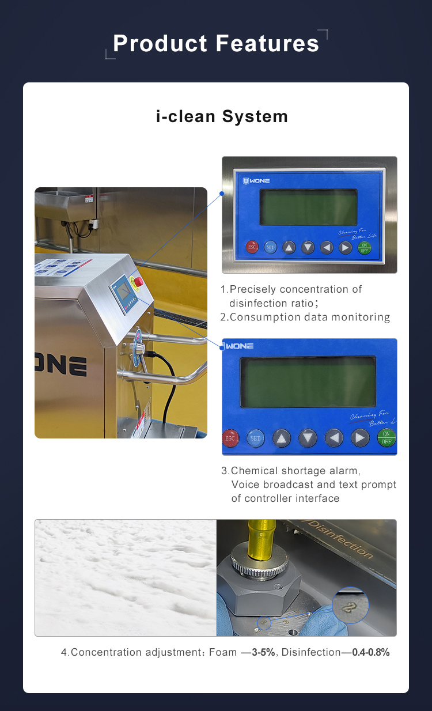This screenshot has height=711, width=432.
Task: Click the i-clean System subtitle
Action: coord(222,116)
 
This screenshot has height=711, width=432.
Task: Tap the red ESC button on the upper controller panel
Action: coord(252,247)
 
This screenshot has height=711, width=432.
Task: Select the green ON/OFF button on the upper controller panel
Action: coord(364,247)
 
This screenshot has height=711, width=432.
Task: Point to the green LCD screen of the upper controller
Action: coord(309,207)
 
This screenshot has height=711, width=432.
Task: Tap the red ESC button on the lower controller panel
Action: coord(230,438)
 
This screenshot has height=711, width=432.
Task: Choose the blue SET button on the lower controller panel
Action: coord(255,438)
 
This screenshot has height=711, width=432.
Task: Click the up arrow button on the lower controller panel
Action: coord(282,438)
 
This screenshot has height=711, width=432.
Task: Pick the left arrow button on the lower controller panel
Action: coord(334,438)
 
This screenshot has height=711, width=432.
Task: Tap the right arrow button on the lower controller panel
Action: coord(361,438)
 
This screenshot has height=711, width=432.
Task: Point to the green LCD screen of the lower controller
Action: coord(308,382)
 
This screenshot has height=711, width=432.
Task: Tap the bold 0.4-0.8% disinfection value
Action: coord(371,652)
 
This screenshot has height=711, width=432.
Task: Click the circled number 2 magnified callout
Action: coord(350,605)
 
